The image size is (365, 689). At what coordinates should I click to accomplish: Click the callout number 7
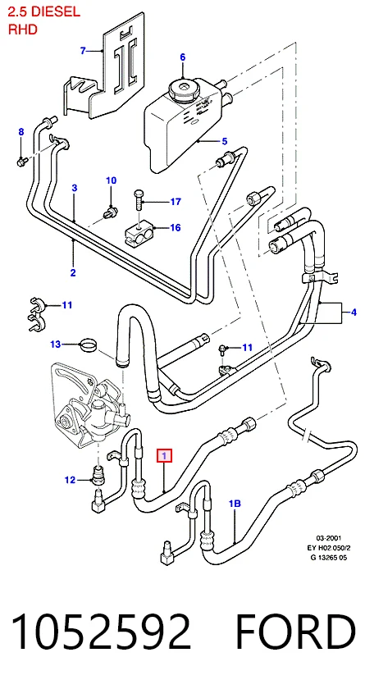click(83, 51)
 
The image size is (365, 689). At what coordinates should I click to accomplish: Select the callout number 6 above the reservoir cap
click(183, 57)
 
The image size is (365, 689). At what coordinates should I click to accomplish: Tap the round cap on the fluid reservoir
click(183, 88)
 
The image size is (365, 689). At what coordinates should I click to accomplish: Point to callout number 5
click(225, 141)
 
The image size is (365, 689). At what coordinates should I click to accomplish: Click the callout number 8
click(21, 131)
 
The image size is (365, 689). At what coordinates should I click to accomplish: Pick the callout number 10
click(111, 180)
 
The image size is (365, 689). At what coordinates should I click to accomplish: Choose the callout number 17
click(176, 202)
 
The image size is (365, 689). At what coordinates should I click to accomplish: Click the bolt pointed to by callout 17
click(139, 200)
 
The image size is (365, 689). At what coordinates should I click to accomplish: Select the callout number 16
click(176, 228)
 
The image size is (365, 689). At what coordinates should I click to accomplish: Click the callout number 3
click(75, 188)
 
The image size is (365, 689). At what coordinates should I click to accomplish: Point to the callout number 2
click(73, 272)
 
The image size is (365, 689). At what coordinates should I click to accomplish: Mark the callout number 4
click(354, 313)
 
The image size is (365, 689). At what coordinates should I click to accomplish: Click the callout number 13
click(55, 344)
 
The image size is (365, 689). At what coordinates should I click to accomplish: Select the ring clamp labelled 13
click(89, 345)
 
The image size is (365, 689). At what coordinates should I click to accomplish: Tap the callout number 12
click(71, 481)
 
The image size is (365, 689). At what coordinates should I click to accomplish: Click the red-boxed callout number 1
click(164, 457)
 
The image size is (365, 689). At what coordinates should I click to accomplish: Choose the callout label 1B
click(235, 504)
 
